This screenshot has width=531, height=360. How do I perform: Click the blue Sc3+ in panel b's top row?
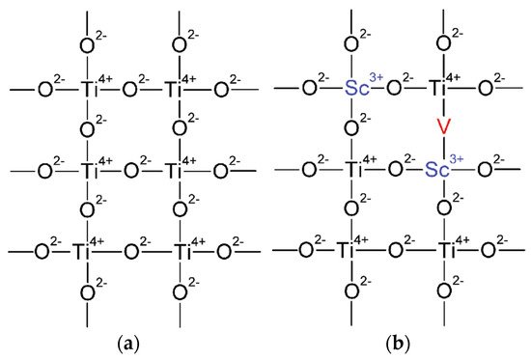(x=358, y=90)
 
